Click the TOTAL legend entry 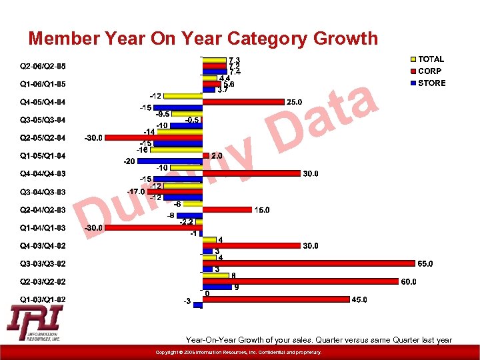tap(431, 59)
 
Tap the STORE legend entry tap(431, 83)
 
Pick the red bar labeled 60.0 tap(300, 281)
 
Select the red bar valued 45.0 tap(276, 299)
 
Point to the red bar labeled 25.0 tap(243, 102)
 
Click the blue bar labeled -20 tap(169, 161)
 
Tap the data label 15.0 tap(262, 210)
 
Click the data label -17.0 tap(137, 192)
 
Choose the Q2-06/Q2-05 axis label tap(43, 66)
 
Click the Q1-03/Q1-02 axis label tap(43, 299)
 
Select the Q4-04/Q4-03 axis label tap(43, 174)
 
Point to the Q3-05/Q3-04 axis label tap(43, 120)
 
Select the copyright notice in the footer tap(238, 352)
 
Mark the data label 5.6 tap(229, 84)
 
